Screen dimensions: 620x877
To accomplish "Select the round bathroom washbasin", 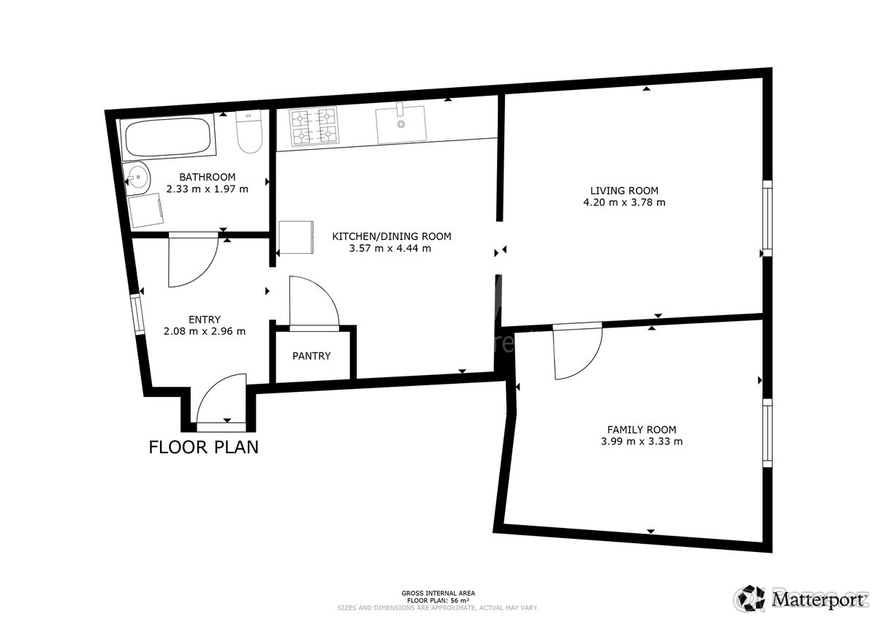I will [x=137, y=176].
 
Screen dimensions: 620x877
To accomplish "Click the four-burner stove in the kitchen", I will [x=314, y=126].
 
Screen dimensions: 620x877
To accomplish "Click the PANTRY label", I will [x=311, y=356].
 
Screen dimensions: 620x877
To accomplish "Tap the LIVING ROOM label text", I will [x=624, y=191].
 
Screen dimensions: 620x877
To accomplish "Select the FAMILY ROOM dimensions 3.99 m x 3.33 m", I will [x=642, y=442].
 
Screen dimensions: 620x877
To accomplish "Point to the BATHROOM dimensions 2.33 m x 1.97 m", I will [x=208, y=189].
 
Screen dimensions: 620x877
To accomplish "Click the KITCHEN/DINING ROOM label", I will [x=392, y=236].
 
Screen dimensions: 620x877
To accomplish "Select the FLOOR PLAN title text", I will [x=203, y=447].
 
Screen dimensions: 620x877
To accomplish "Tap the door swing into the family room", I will [x=576, y=352].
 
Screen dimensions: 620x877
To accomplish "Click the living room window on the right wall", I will [x=767, y=218].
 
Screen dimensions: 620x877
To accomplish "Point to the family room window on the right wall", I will [x=767, y=433].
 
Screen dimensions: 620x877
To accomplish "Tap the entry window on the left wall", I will [x=137, y=314].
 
